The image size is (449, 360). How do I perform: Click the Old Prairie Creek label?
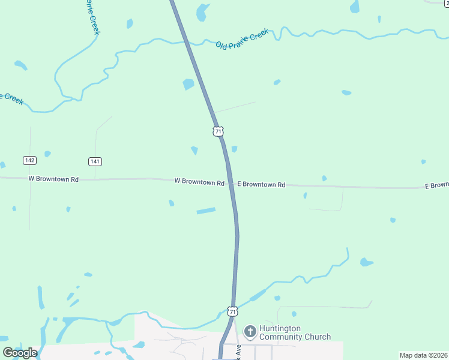point(242,40)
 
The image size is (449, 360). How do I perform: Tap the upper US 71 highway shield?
point(218,131)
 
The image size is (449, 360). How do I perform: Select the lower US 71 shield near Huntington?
point(232,311)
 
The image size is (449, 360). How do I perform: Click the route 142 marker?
point(29,160)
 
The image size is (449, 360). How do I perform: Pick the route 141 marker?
point(95,161)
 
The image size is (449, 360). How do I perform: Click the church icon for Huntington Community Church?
point(250,331)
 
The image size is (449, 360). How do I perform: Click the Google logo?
point(20,353)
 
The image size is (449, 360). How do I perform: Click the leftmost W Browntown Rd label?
point(53,179)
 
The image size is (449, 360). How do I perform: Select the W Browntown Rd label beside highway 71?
point(199,181)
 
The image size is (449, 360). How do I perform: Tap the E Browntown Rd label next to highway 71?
point(261,185)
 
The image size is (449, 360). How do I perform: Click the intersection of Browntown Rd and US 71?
point(231,183)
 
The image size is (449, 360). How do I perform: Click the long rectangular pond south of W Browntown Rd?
point(205,211)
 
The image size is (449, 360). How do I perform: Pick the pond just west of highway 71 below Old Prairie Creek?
point(188,84)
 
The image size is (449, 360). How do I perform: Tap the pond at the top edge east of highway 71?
point(203,10)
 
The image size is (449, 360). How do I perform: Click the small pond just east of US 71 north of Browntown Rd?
point(234,149)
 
